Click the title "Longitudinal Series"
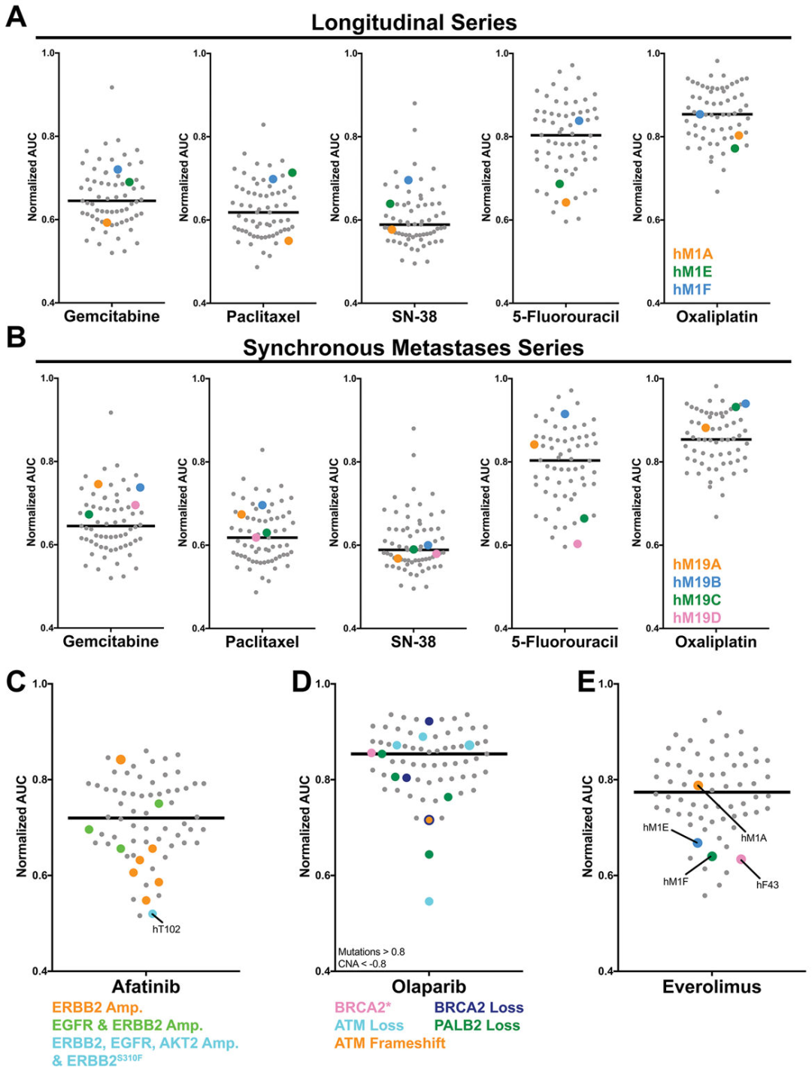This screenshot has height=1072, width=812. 414,23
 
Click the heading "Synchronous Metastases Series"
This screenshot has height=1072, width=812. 413,348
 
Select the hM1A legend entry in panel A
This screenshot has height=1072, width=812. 692,254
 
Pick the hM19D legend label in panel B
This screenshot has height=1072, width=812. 696,618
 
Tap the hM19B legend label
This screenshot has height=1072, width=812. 696,582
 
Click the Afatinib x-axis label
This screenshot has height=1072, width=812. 146,986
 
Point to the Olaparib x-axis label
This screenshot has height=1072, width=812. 429,986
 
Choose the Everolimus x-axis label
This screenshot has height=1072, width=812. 711,986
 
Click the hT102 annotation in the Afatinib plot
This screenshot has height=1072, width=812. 166,929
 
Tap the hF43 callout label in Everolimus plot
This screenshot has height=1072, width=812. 767,885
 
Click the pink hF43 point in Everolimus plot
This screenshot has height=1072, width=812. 741,859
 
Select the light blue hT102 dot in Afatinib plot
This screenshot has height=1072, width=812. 153,914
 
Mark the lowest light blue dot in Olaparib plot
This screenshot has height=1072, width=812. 429,901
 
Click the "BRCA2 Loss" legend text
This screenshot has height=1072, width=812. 478,1007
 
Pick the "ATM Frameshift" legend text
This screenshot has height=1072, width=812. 389,1043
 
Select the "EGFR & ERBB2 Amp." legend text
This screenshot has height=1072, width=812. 127,1025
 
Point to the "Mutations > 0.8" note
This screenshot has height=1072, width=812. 371,952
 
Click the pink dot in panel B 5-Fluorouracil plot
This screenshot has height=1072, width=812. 577,544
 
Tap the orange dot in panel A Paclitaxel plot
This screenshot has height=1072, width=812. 288,241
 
